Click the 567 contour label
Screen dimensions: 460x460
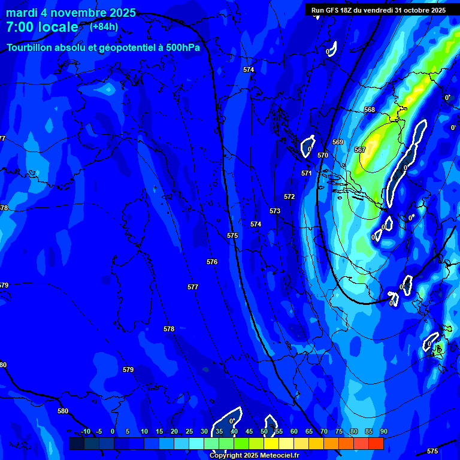360,150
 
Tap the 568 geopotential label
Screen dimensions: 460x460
370,110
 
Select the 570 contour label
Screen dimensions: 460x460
323,155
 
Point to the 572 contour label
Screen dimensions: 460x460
289,196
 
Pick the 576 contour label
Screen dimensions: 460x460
212,262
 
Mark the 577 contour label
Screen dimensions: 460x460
193,287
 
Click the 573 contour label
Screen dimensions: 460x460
275,211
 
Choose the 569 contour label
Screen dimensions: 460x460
338,142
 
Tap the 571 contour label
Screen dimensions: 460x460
307,173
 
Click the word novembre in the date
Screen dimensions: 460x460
73,13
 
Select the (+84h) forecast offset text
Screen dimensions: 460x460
104,26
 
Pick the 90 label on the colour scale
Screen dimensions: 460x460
383,431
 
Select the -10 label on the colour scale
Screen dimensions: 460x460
85,431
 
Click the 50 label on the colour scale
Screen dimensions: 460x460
264,431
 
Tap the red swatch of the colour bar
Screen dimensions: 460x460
376,443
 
